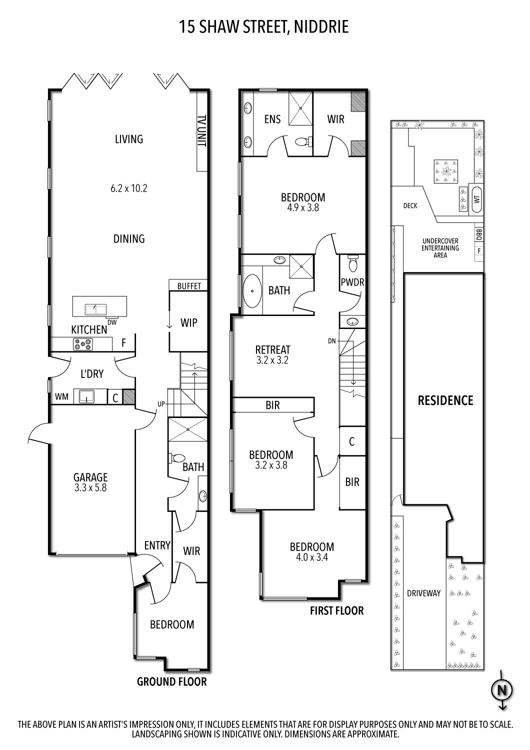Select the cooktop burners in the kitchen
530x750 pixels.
[83, 344]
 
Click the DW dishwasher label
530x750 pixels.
[112, 322]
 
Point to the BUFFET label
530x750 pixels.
[189, 286]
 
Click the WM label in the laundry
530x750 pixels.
[61, 396]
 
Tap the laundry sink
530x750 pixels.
[86, 397]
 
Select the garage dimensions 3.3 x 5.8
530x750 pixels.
[90, 487]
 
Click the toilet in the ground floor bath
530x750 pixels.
[176, 457]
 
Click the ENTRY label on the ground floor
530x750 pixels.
[157, 545]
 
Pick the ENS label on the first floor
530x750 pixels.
[272, 119]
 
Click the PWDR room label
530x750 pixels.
[352, 282]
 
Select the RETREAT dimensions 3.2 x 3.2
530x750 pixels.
[272, 359]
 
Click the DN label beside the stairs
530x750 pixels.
[331, 341]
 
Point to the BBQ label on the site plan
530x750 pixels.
[479, 233]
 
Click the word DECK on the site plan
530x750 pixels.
[410, 205]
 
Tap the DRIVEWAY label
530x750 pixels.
[423, 593]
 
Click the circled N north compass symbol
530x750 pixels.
[502, 690]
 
